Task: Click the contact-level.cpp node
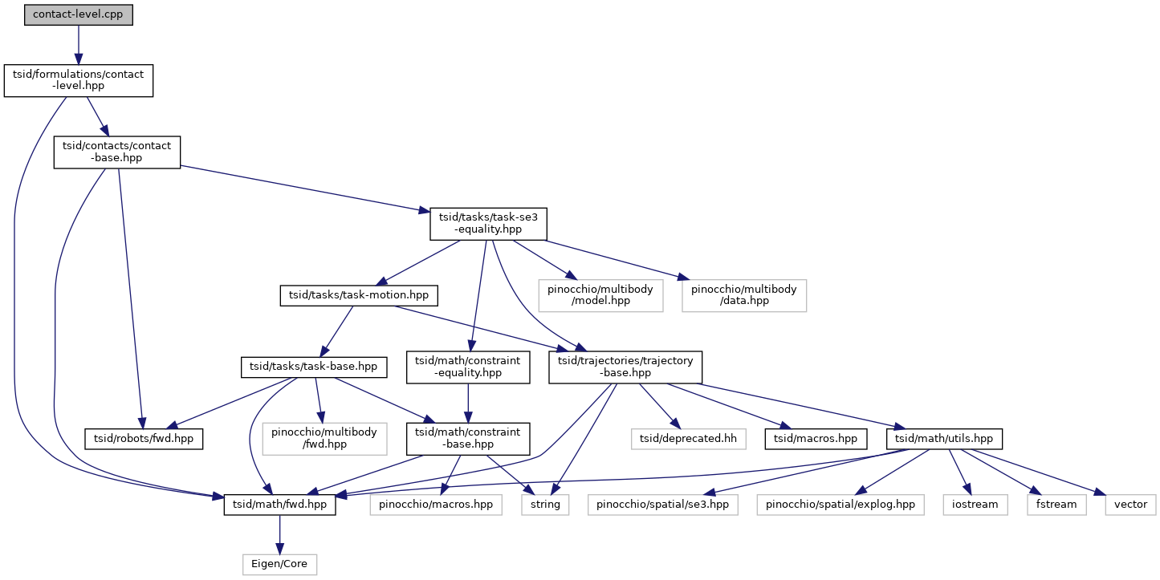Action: point(78,14)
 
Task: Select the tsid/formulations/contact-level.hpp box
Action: point(78,80)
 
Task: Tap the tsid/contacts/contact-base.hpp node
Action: point(116,152)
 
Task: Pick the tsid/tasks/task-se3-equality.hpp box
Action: point(488,224)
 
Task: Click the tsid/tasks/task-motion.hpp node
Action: point(358,295)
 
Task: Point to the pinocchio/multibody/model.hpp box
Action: point(600,295)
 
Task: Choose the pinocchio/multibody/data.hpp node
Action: point(743,295)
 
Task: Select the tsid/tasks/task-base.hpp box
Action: point(313,367)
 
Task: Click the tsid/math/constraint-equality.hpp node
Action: point(468,367)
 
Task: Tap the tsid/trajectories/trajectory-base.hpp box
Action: point(625,367)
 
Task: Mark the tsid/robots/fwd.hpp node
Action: point(144,439)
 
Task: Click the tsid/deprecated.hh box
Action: point(688,439)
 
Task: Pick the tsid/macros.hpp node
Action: point(816,439)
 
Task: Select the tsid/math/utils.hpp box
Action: point(943,439)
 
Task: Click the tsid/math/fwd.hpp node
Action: point(279,505)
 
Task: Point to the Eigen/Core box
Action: point(279,564)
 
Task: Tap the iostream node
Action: point(975,505)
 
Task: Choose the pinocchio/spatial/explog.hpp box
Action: point(840,505)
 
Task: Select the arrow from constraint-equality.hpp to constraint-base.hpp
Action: point(468,403)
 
